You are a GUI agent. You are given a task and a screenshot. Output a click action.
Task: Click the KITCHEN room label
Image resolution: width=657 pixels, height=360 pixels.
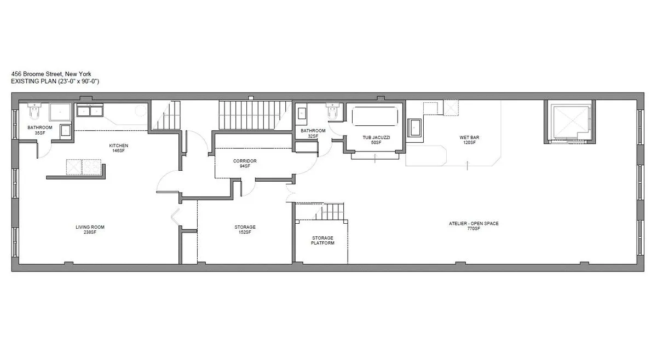tap(118, 146)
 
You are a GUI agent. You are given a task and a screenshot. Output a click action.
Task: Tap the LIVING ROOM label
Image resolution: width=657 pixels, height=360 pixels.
tap(90, 227)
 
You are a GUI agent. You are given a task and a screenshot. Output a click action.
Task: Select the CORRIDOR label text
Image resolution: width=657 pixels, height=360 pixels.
tap(245, 161)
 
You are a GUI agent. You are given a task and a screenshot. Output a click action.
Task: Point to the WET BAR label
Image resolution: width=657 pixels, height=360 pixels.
tap(469, 137)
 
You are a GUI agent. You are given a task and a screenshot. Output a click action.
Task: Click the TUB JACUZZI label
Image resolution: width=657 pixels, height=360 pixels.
tap(376, 137)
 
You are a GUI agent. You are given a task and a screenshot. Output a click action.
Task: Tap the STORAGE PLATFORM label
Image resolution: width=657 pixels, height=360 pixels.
tap(322, 240)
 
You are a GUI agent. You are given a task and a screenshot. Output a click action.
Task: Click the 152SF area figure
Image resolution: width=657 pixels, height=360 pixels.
tap(245, 233)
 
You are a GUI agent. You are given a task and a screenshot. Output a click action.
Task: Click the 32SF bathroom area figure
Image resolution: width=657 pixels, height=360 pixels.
tap(313, 136)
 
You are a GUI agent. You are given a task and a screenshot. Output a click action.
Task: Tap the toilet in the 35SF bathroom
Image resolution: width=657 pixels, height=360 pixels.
tap(34, 111)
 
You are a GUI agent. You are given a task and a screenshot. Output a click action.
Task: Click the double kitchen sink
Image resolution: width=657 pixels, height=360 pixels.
tap(91, 111)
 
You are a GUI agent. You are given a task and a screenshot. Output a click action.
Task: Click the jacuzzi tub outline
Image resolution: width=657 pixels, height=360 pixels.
tap(375, 117)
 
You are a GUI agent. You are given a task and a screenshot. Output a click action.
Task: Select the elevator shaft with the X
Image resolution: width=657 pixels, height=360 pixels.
tap(568, 121)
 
